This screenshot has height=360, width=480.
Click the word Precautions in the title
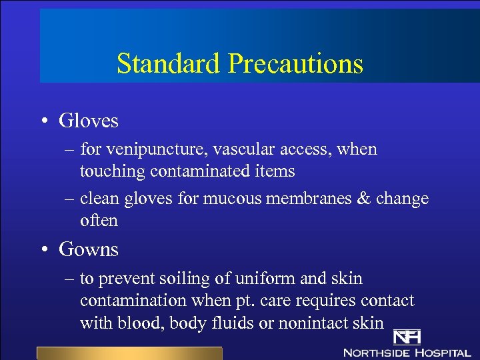click(295, 64)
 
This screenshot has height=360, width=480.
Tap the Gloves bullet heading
click(89, 121)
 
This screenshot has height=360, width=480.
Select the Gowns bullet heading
click(89, 249)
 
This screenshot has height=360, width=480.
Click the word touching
click(113, 171)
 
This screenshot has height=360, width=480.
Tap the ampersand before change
click(365, 199)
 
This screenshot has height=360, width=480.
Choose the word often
click(99, 220)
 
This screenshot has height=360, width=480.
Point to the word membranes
click(318, 199)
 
